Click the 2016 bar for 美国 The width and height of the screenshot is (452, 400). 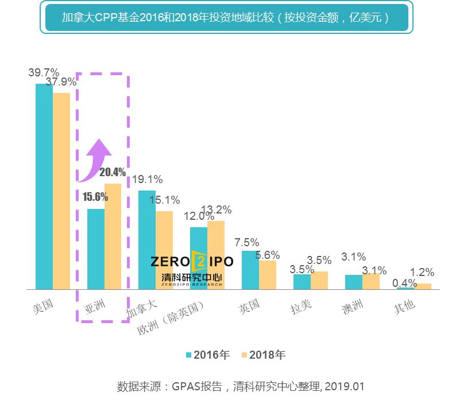point(44,187)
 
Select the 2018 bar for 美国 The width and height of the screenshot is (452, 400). point(61,191)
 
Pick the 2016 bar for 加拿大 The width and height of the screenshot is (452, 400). point(147,240)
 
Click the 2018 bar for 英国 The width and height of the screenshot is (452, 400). point(268,275)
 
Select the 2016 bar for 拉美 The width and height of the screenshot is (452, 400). point(302,282)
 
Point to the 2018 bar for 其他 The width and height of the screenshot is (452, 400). point(423,286)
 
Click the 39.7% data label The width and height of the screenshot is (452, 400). point(44,72)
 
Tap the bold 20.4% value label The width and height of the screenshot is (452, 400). point(113,172)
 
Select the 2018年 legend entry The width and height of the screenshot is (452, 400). point(262,355)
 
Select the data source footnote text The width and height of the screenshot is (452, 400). point(241,386)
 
